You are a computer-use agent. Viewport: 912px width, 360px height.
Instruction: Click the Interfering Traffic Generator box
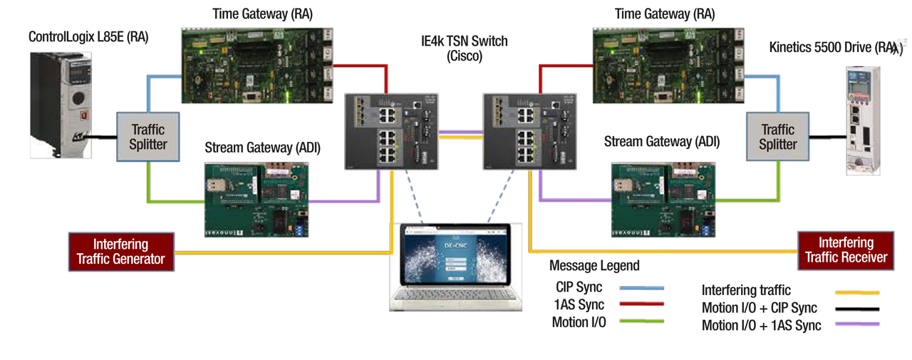[120, 251]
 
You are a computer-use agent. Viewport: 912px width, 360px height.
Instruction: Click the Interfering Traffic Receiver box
[846, 250]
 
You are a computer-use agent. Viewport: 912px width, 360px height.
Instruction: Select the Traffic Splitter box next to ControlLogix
[148, 136]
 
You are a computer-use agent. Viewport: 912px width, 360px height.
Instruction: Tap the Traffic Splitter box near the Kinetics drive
[777, 136]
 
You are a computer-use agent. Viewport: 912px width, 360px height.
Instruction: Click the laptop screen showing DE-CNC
[457, 255]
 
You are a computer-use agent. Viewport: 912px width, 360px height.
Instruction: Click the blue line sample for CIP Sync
[641, 288]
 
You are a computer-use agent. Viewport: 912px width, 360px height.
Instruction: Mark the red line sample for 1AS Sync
[641, 304]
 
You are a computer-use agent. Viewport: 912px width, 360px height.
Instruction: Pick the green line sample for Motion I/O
[641, 322]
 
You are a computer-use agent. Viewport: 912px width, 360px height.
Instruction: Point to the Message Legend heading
[594, 266]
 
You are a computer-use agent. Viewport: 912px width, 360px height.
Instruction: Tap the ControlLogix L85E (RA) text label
[88, 37]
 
